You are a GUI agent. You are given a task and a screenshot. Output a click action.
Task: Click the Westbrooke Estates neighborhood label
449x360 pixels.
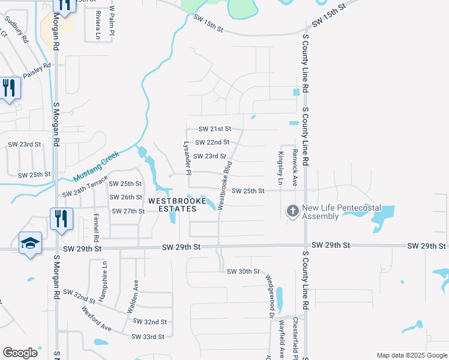(x=172, y=205)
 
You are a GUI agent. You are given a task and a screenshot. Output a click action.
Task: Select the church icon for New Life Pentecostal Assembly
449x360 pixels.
(x=292, y=211)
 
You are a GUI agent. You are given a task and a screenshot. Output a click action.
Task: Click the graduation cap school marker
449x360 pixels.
(x=30, y=243)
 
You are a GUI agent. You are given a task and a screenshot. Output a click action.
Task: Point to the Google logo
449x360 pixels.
(x=20, y=353)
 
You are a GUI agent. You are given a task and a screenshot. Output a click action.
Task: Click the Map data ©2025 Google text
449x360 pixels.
(x=411, y=355)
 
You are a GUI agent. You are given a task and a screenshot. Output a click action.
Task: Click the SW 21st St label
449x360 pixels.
(x=214, y=129)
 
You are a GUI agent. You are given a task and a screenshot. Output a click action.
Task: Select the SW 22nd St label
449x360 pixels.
(x=212, y=142)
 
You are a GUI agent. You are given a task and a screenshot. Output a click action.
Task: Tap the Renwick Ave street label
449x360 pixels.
(x=295, y=169)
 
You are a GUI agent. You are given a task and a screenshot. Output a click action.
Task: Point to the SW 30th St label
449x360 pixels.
(x=243, y=272)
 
